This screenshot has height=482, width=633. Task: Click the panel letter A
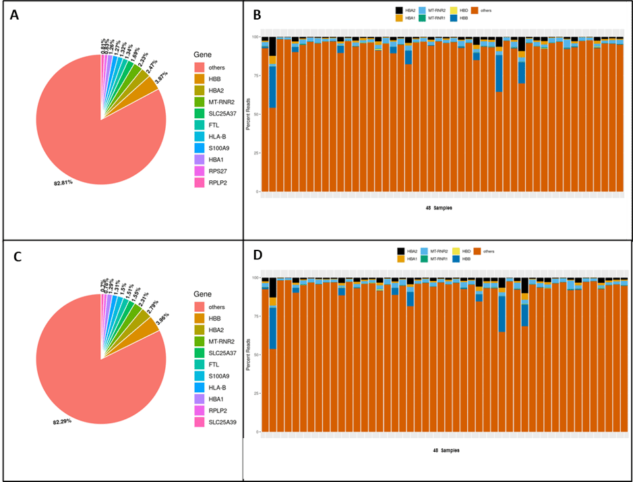point(15,16)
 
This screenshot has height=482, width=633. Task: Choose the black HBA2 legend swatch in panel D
point(400,251)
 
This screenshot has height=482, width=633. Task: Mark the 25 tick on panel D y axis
point(255,393)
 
